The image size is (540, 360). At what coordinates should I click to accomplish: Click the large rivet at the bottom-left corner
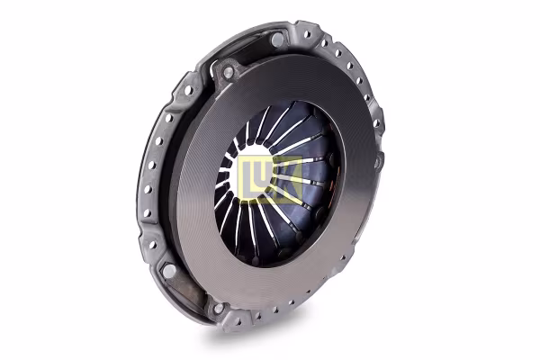tap(169, 271)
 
